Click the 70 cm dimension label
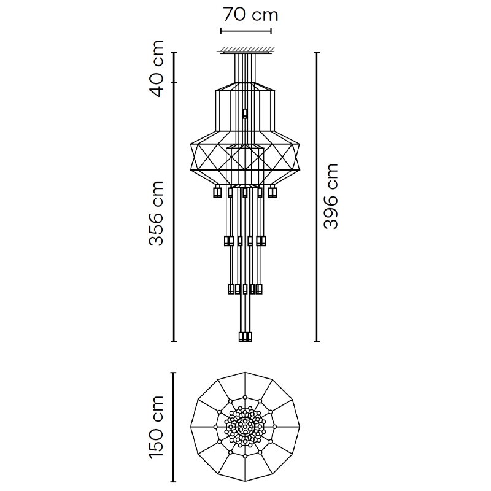(x=250, y=15)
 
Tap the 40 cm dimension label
(x=157, y=69)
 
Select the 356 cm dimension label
(x=157, y=213)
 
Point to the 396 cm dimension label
(x=331, y=196)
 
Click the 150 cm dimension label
(x=157, y=427)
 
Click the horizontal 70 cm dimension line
(x=246, y=31)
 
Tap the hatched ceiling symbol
(x=247, y=50)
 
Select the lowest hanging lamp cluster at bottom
(x=245, y=337)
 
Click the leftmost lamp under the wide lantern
(x=217, y=191)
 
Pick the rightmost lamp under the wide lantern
(x=273, y=191)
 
